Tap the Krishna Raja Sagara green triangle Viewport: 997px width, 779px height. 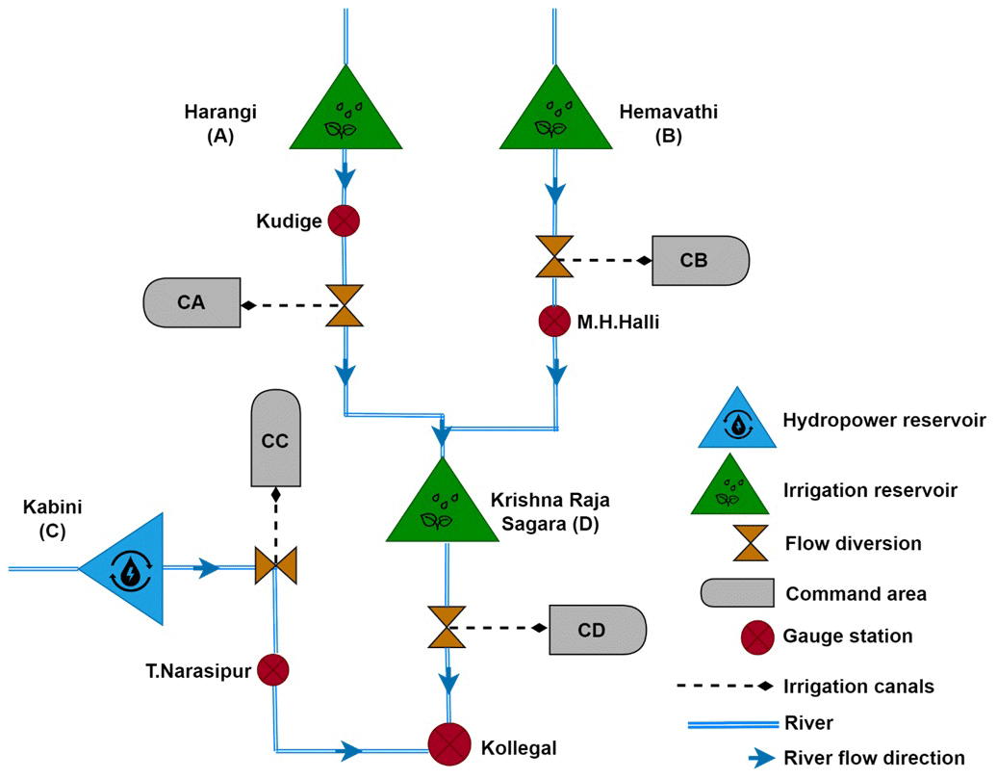tap(442, 508)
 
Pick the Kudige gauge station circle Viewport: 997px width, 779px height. tap(344, 221)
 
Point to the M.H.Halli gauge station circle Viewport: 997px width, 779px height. tap(554, 321)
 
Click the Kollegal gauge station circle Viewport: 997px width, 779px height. tap(449, 742)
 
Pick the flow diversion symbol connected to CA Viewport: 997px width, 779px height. tap(344, 306)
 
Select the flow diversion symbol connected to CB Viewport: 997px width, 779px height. tap(554, 259)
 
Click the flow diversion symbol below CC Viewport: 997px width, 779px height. tap(275, 564)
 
